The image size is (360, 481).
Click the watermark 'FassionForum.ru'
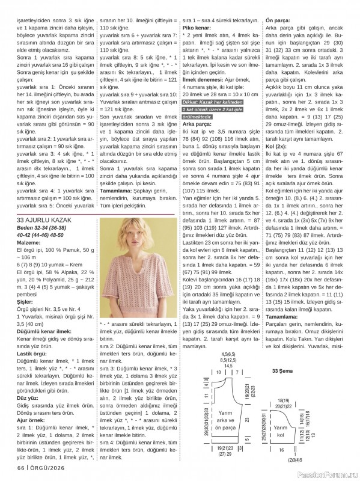328,474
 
